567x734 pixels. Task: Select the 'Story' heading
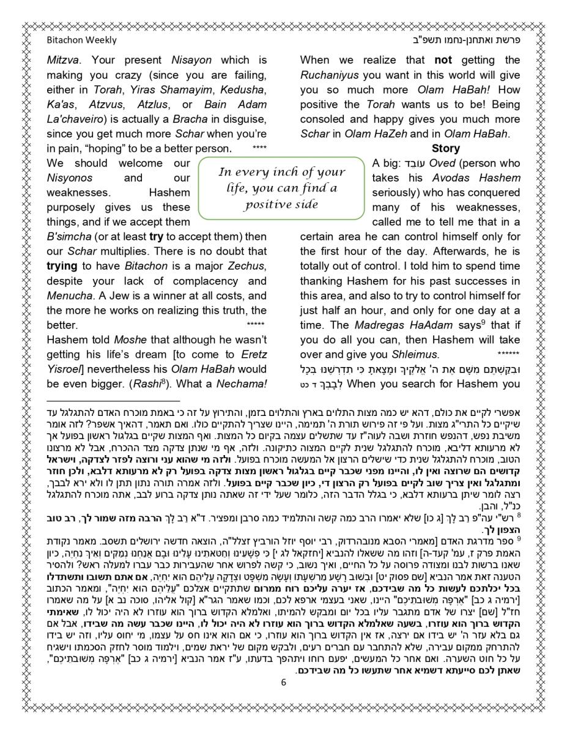pyautogui.click(x=445, y=149)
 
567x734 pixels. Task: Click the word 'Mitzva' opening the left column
pyautogui.click(x=64, y=61)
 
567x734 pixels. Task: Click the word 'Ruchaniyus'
pyautogui.click(x=329, y=75)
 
